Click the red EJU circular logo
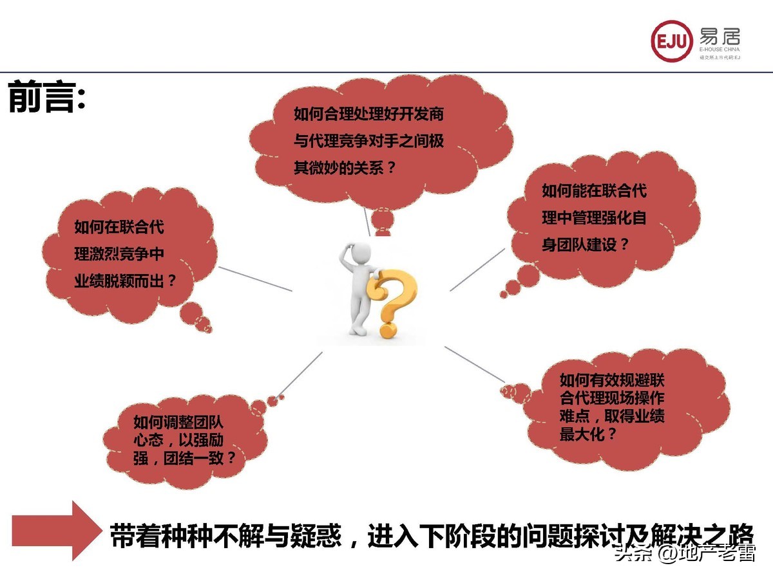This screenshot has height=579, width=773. tap(672, 41)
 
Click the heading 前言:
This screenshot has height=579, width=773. tap(46, 98)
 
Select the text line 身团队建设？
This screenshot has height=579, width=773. tap(585, 244)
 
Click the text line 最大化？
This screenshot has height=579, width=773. tap(588, 434)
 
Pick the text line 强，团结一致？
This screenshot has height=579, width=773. tap(184, 459)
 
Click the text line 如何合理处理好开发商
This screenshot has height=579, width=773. tap(368, 115)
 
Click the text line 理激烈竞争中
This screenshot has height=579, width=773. tap(119, 253)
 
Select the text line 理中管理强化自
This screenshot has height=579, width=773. tap(594, 217)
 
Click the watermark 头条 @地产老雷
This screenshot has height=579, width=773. tap(684, 553)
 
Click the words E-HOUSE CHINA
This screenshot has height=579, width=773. tap(719, 50)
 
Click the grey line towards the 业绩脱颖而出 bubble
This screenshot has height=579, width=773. tap(255, 279)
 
